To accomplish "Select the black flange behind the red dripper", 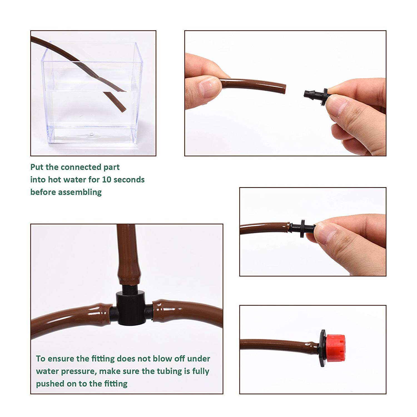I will pos(322,349).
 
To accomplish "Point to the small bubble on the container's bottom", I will pos(91,135).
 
